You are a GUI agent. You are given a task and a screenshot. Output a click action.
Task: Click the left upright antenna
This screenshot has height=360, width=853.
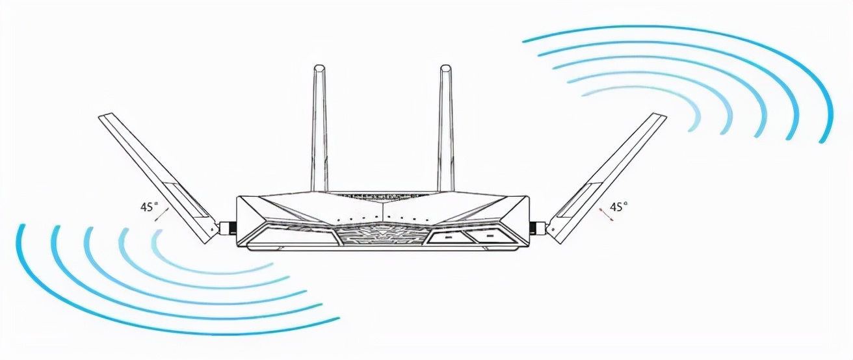coord(319,130)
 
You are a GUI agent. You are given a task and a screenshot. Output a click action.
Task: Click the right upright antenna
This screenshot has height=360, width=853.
coord(445,130)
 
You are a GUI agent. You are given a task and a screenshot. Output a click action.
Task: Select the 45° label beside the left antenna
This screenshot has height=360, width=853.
coord(148,207)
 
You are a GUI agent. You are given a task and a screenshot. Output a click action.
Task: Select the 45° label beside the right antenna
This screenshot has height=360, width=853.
coord(618,207)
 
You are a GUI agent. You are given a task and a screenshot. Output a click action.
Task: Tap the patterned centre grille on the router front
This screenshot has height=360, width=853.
coord(382,235)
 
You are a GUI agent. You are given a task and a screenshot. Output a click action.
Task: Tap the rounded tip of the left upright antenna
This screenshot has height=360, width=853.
coord(319,67)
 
